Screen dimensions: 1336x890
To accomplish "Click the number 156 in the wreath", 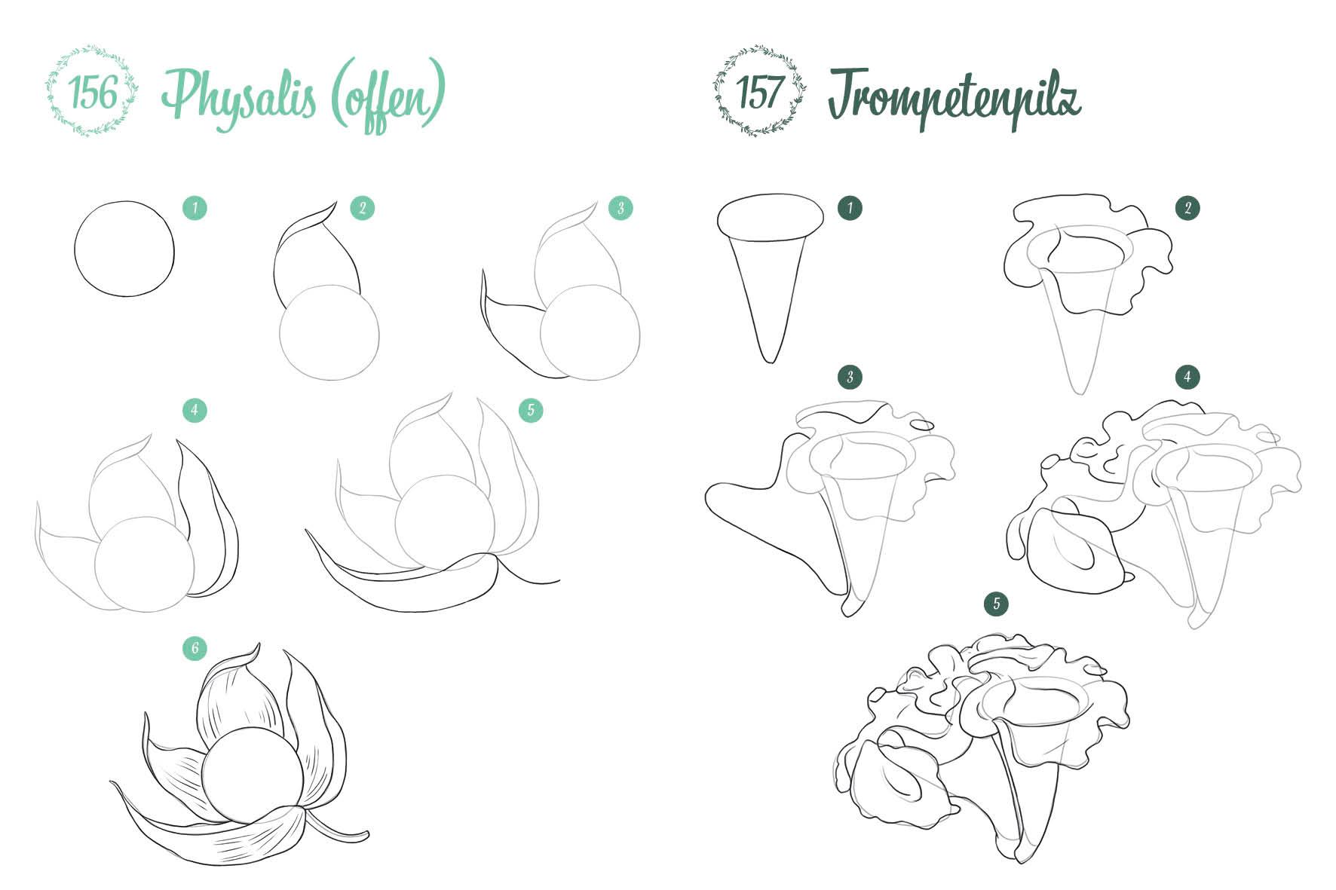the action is (x=93, y=93).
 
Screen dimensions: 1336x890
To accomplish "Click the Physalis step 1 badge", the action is (x=195, y=208).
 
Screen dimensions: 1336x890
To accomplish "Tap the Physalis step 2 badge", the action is (x=363, y=208).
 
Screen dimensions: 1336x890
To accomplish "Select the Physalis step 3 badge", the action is (x=621, y=208).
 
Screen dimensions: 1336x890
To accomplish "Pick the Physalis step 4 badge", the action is (x=195, y=410).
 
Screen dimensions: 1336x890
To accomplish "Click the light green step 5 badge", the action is (x=531, y=410).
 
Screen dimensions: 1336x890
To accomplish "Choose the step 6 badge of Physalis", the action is (x=195, y=648).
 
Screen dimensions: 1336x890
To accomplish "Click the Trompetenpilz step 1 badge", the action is (x=850, y=208).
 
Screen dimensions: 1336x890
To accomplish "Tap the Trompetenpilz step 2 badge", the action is (x=1187, y=208).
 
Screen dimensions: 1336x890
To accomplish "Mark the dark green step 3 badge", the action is (x=850, y=377).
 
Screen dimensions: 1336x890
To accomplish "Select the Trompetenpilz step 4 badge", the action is (x=1187, y=377).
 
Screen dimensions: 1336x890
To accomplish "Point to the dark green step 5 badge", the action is (x=997, y=603).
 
